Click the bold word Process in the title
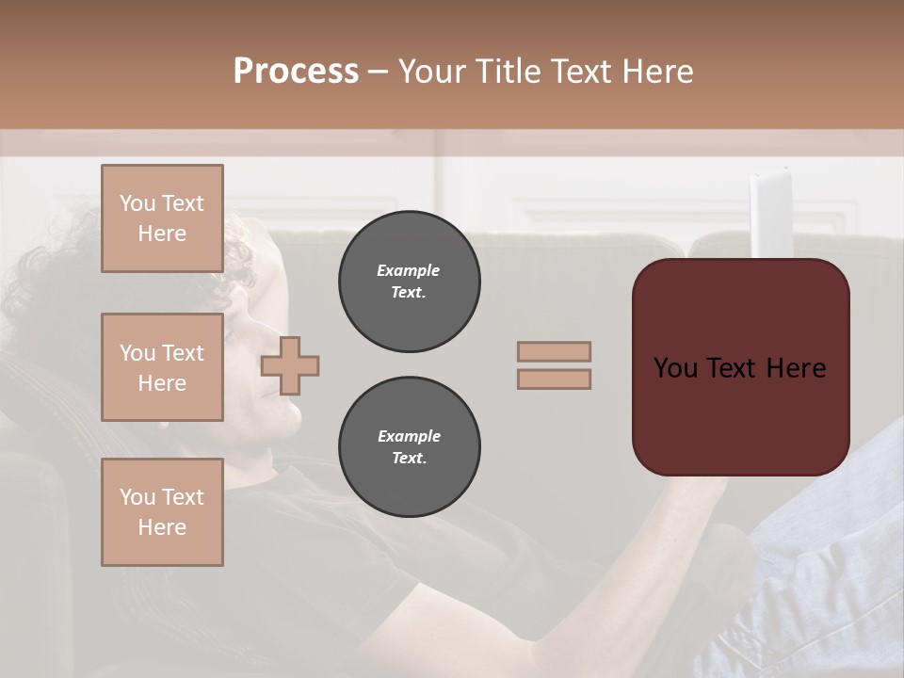pyautogui.click(x=296, y=72)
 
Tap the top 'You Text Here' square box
pyautogui.click(x=162, y=218)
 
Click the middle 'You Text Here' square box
pyautogui.click(x=162, y=367)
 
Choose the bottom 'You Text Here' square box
pyautogui.click(x=162, y=512)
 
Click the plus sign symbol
pyautogui.click(x=290, y=365)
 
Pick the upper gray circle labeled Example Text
pyautogui.click(x=409, y=282)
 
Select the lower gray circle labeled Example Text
pyautogui.click(x=409, y=447)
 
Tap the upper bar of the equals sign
pyautogui.click(x=554, y=352)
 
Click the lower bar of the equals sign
pyautogui.click(x=554, y=379)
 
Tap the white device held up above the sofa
pyautogui.click(x=767, y=212)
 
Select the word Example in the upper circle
pyautogui.click(x=409, y=270)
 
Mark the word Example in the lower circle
pyautogui.click(x=409, y=436)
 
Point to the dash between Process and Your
pyautogui.click(x=378, y=72)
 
